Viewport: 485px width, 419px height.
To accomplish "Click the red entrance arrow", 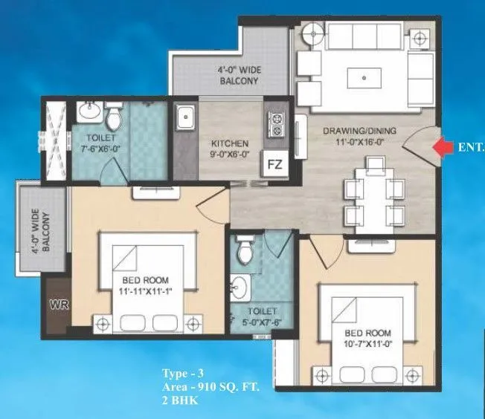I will coord(444,148).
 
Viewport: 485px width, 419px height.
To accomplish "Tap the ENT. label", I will coord(472,148).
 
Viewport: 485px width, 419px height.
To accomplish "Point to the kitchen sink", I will coord(185,117).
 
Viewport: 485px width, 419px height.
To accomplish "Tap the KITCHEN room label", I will coord(229,143).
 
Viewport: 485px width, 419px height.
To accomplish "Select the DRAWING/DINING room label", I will coord(359,131).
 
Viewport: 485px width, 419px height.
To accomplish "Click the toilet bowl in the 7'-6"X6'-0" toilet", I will coord(114,118).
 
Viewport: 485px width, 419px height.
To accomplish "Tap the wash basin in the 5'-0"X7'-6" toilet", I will coord(241,286).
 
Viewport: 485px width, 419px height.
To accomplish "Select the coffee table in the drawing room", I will coord(364,77).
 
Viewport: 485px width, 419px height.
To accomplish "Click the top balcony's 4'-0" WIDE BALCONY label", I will coord(238,76).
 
